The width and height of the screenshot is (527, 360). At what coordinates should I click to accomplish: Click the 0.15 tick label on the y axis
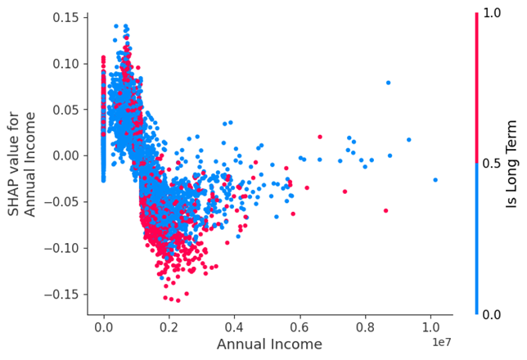pos(66,17)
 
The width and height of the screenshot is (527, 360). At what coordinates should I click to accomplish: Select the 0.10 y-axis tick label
pos(66,63)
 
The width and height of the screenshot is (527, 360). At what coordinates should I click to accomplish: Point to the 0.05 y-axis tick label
pos(66,109)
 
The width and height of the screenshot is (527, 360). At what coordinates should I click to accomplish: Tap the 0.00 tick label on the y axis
pos(66,155)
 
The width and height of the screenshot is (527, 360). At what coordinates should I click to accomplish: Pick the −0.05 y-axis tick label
pos(63,201)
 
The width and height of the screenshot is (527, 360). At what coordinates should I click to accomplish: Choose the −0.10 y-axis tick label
pos(63,247)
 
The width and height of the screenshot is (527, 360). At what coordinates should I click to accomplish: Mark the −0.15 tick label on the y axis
pos(63,293)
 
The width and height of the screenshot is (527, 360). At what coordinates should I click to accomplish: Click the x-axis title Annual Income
pos(269,344)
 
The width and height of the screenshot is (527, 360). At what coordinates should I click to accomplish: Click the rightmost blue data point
pos(435,179)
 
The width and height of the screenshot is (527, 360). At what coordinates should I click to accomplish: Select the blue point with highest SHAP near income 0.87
pos(388,83)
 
